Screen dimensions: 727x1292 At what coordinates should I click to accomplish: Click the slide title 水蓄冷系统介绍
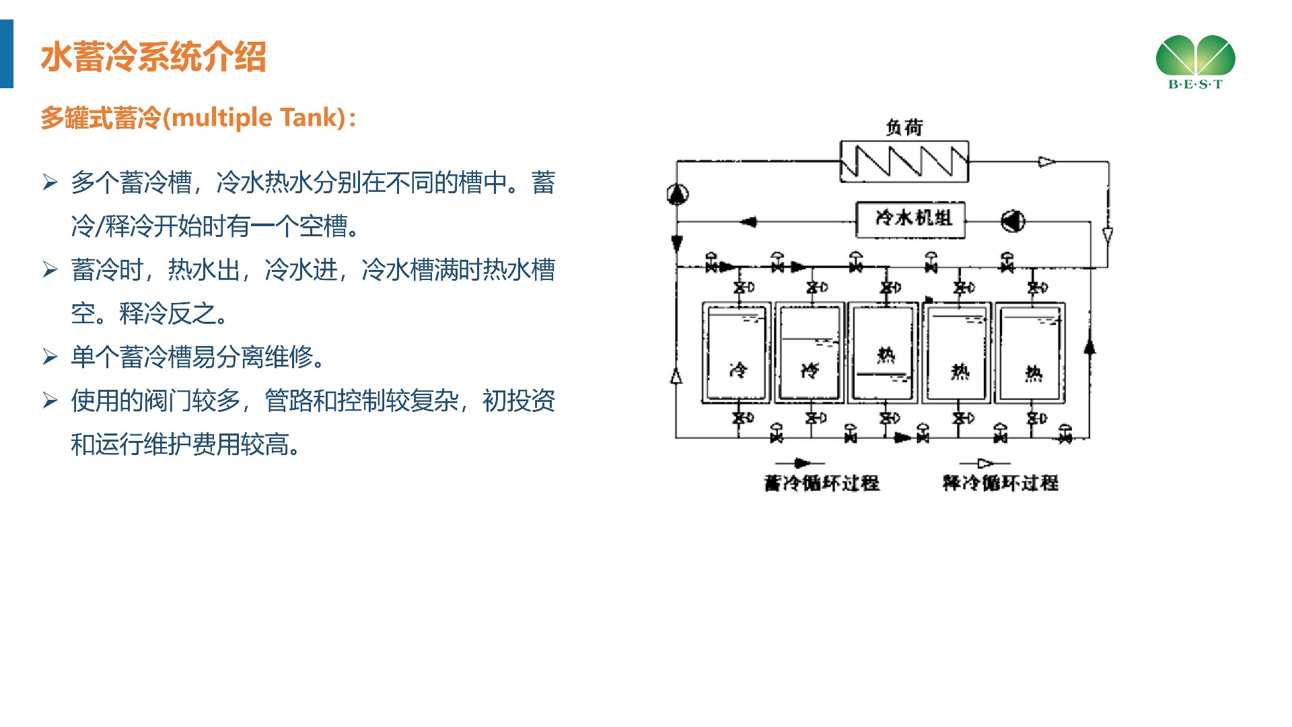point(153,57)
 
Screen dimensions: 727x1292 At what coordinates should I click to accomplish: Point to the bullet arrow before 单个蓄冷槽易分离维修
point(50,356)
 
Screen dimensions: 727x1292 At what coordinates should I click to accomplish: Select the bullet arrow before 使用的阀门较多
point(50,401)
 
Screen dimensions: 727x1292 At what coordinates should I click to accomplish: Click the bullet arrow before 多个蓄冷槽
point(50,182)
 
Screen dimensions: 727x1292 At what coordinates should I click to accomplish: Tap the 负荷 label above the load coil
point(904,127)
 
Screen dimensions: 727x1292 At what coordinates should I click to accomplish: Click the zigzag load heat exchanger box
point(904,162)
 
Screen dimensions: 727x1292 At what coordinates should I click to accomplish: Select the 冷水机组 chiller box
point(910,219)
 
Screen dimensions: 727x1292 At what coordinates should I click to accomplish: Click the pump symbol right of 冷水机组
point(1013,221)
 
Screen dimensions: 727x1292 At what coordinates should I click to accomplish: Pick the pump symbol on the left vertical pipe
point(677,195)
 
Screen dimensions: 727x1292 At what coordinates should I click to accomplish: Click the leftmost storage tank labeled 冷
point(736,354)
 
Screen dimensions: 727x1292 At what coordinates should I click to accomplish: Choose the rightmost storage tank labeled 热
point(1030,354)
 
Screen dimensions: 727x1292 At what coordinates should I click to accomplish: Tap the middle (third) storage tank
point(883,354)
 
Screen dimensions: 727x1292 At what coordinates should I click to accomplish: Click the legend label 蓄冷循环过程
point(822,483)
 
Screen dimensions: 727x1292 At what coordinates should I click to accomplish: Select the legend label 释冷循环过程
point(1000,483)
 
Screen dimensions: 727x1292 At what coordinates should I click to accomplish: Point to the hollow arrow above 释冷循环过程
point(984,463)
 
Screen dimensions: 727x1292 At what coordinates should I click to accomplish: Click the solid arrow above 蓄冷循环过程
point(800,463)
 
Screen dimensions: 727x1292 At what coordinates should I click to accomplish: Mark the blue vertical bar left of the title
point(7,54)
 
